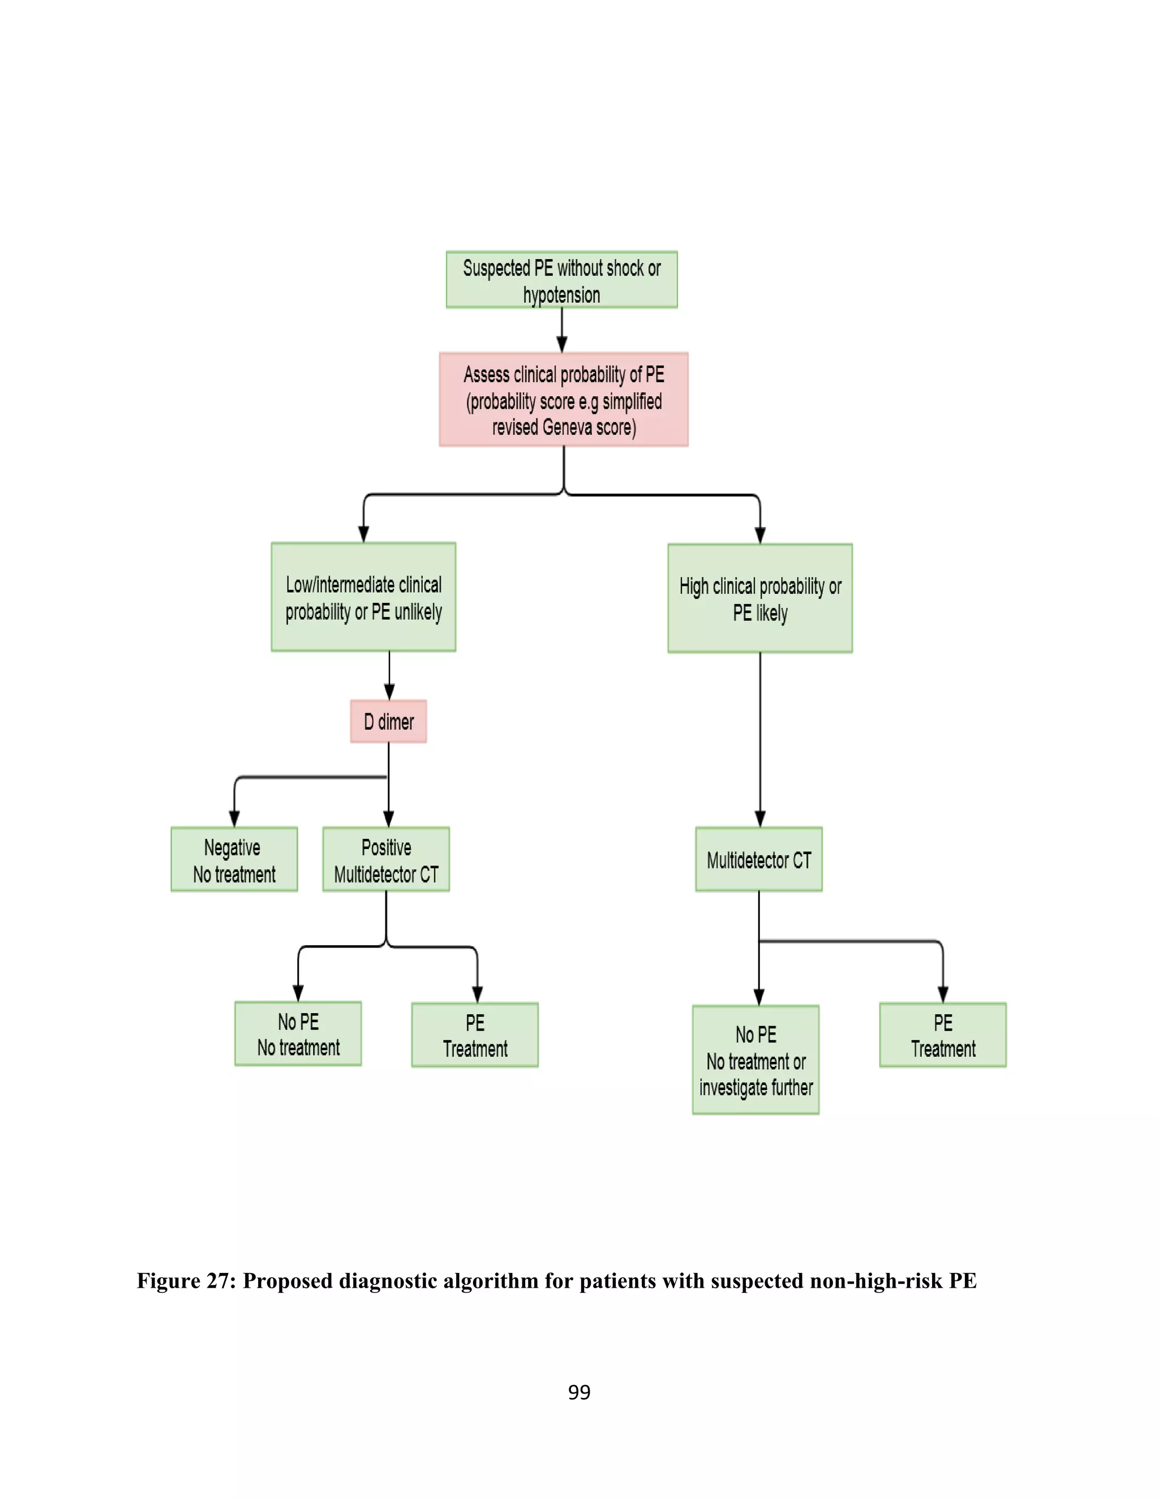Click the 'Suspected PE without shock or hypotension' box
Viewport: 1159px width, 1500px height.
pyautogui.click(x=561, y=280)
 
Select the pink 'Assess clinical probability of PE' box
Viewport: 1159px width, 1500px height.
pyautogui.click(x=564, y=400)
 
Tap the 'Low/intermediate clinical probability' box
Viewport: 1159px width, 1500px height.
pyautogui.click(x=363, y=597)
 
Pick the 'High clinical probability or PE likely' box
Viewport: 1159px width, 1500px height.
pyautogui.click(x=760, y=598)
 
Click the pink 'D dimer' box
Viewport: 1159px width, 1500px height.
pyautogui.click(x=389, y=721)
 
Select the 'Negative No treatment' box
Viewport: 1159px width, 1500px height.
pyautogui.click(x=234, y=859)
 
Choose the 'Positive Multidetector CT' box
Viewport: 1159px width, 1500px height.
pyautogui.click(x=386, y=859)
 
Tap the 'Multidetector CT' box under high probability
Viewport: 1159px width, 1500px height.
pyautogui.click(x=759, y=859)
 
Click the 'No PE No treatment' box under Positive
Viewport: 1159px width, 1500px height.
pyautogui.click(x=298, y=1034)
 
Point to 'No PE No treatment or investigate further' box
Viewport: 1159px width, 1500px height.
pyautogui.click(x=756, y=1060)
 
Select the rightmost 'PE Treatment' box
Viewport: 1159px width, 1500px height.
pyautogui.click(x=943, y=1035)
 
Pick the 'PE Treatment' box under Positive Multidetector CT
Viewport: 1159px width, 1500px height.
pyautogui.click(x=474, y=1035)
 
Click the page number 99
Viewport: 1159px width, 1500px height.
pyautogui.click(x=579, y=1392)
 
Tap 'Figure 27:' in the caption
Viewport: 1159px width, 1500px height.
pyautogui.click(x=186, y=1281)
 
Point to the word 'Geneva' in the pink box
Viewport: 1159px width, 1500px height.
pyautogui.click(x=566, y=427)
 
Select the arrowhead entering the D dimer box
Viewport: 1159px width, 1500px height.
pyautogui.click(x=389, y=692)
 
